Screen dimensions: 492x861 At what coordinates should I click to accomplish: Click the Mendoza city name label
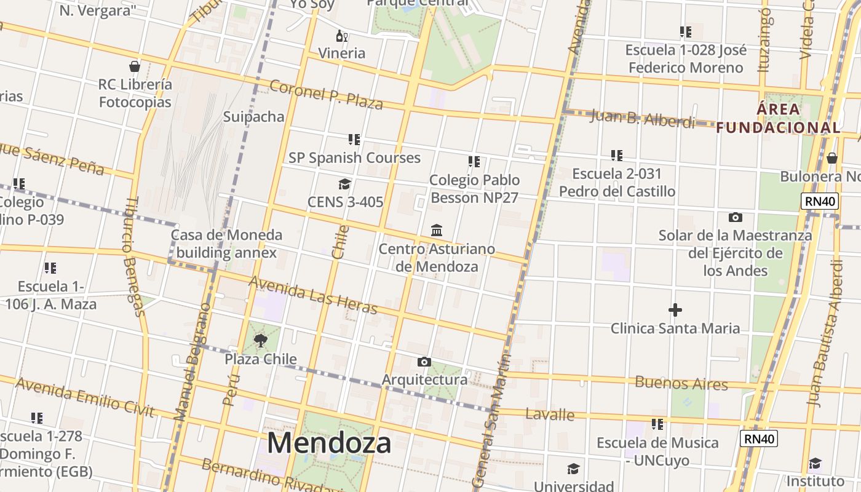pyautogui.click(x=329, y=443)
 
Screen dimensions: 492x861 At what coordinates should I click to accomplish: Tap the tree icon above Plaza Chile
pyautogui.click(x=261, y=339)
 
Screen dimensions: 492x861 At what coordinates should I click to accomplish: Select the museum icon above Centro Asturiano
pyautogui.click(x=437, y=231)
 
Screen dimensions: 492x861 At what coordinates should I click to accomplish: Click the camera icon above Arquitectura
pyautogui.click(x=424, y=362)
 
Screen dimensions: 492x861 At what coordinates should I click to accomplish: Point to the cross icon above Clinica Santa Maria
pyautogui.click(x=675, y=310)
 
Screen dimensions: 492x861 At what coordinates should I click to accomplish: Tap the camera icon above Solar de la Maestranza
pyautogui.click(x=735, y=217)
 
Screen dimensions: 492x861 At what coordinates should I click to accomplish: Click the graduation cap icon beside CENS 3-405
pyautogui.click(x=344, y=184)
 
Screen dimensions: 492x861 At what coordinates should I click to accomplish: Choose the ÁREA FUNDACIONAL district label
pyautogui.click(x=779, y=119)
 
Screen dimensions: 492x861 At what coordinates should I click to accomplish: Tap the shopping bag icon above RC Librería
pyautogui.click(x=135, y=66)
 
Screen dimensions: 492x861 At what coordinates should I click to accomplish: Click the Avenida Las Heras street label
pyautogui.click(x=313, y=295)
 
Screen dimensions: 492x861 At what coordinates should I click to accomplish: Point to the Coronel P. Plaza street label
pyautogui.click(x=327, y=94)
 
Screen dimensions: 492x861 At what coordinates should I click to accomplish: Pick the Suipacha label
pyautogui.click(x=253, y=117)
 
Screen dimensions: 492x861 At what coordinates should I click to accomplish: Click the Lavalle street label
pyautogui.click(x=550, y=414)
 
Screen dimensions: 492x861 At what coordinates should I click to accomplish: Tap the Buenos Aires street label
pyautogui.click(x=681, y=383)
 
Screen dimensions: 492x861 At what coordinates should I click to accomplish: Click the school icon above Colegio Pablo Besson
pyautogui.click(x=474, y=162)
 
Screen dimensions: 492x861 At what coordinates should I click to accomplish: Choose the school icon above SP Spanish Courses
pyautogui.click(x=354, y=140)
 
